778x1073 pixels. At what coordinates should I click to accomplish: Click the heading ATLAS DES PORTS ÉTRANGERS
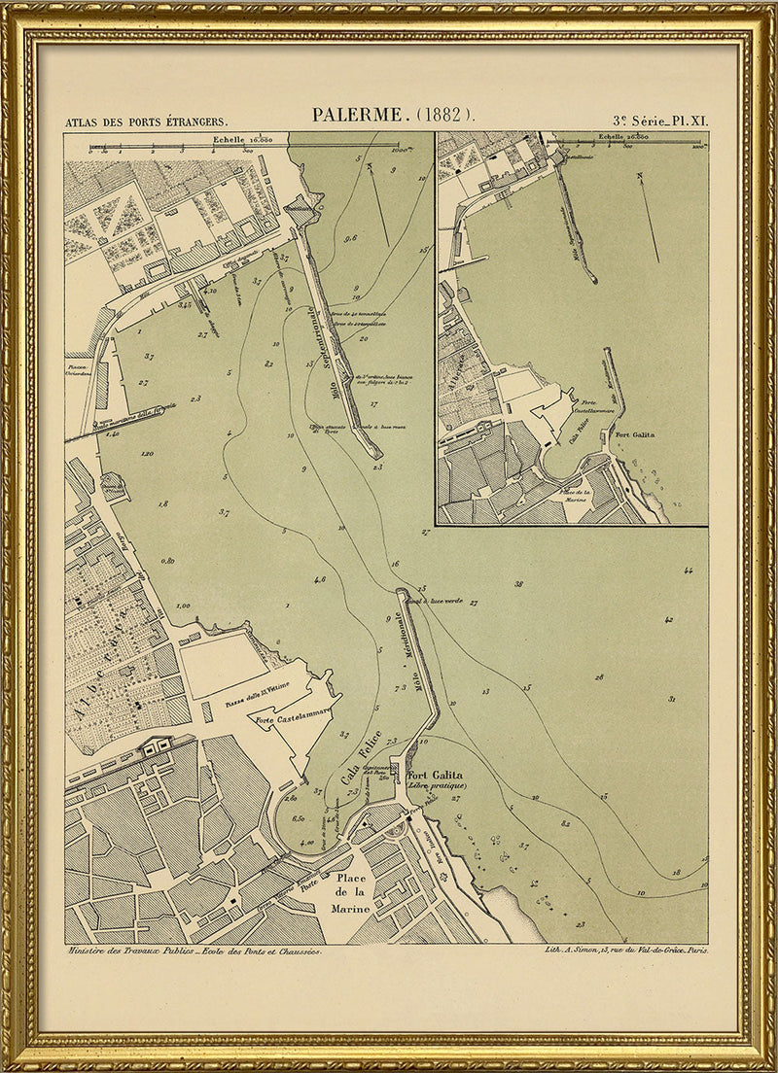(x=146, y=122)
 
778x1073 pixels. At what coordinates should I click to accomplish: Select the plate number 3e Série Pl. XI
(x=660, y=121)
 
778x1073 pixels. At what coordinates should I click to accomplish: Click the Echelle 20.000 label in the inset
(x=623, y=140)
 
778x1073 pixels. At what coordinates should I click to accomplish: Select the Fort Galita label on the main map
(x=433, y=775)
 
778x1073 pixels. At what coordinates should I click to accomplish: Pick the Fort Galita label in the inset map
(x=635, y=434)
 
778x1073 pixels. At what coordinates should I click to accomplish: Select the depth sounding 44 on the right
(x=689, y=571)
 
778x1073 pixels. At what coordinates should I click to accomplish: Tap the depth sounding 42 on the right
(x=668, y=619)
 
